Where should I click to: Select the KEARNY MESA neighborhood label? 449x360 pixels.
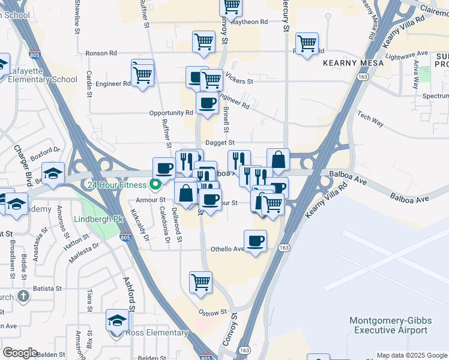tap(348, 62)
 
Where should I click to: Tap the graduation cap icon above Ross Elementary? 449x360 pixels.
tap(117, 320)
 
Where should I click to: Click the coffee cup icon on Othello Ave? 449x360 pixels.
tap(255, 241)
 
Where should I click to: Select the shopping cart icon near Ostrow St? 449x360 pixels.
tap(200, 282)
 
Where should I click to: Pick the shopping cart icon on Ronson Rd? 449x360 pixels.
tap(203, 42)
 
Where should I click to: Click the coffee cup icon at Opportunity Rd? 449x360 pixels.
tap(207, 103)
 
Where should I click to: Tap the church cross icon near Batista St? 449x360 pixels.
tap(22, 296)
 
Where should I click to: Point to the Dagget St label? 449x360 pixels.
tap(219, 143)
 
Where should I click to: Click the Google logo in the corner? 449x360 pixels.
tap(20, 353)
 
